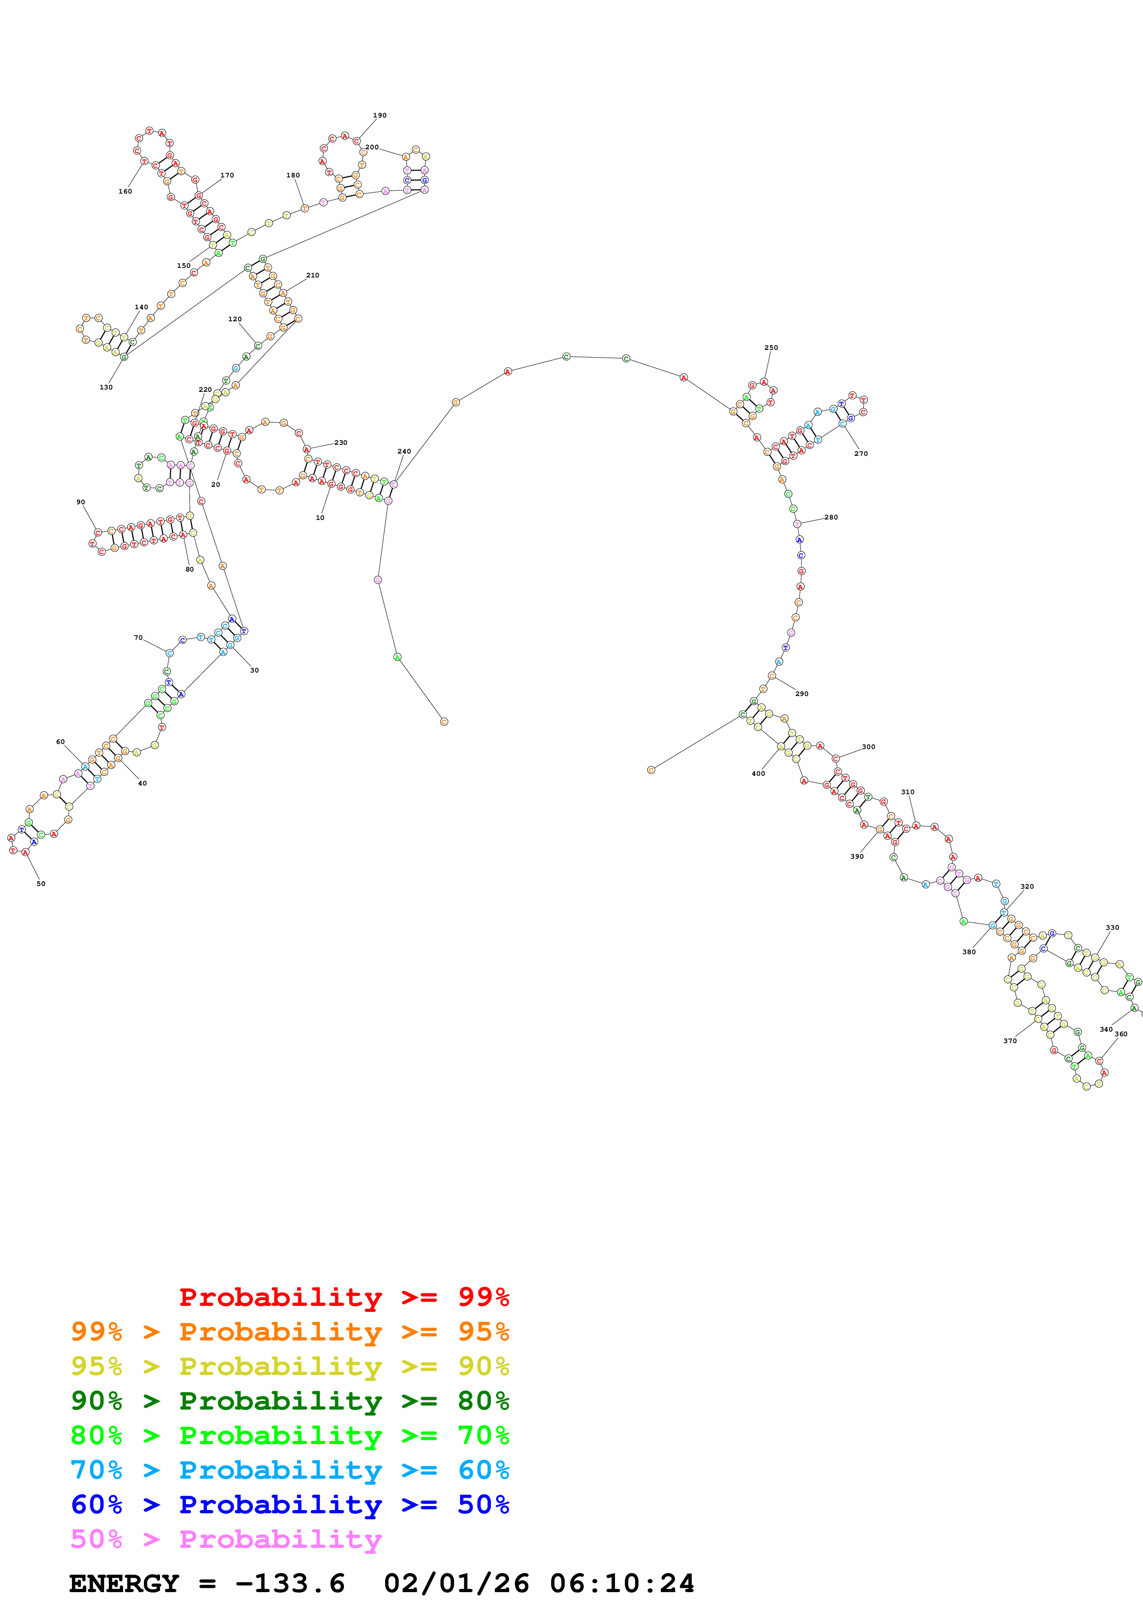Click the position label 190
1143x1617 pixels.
(x=379, y=116)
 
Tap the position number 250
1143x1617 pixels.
(x=771, y=348)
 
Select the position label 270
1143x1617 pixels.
(x=861, y=454)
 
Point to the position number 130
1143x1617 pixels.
(x=106, y=387)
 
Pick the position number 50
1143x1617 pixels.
(x=41, y=884)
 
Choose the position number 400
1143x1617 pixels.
(x=758, y=773)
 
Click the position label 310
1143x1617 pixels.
(x=908, y=792)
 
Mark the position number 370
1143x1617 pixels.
(x=1010, y=1041)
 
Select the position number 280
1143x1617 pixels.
(x=831, y=518)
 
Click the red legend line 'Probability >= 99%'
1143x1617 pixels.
(x=343, y=1297)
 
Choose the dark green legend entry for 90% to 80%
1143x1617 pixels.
(x=290, y=1401)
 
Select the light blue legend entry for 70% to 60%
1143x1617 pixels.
(x=290, y=1470)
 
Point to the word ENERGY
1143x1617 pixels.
(x=124, y=1584)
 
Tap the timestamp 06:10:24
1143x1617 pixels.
(x=622, y=1584)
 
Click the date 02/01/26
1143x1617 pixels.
(x=456, y=1584)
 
